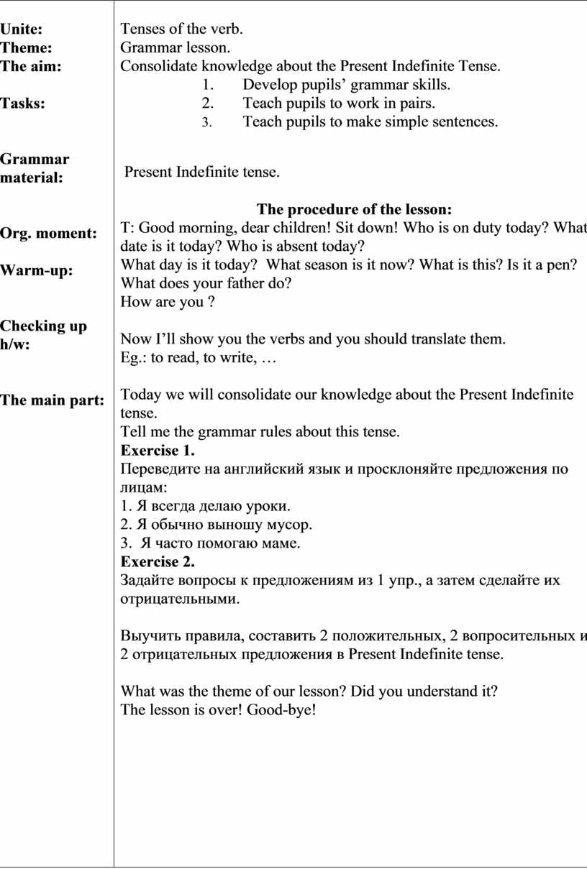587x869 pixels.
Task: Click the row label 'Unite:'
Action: click(x=21, y=29)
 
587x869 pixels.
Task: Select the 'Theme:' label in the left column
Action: click(x=26, y=48)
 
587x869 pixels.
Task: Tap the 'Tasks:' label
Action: click(x=22, y=104)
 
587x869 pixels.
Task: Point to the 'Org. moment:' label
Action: click(x=48, y=234)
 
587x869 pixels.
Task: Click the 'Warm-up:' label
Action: click(x=41, y=271)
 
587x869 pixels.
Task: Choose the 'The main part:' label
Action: click(x=52, y=400)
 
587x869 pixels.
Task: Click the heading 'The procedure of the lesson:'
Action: click(x=354, y=210)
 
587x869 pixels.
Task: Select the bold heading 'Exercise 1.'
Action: click(x=158, y=451)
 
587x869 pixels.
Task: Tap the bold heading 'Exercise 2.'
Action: click(x=158, y=561)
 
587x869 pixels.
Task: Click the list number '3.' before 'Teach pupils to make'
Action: click(x=206, y=122)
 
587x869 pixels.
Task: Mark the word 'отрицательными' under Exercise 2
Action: click(x=178, y=599)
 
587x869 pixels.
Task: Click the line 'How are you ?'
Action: click(x=168, y=302)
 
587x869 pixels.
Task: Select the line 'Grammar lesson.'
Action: click(x=176, y=48)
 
